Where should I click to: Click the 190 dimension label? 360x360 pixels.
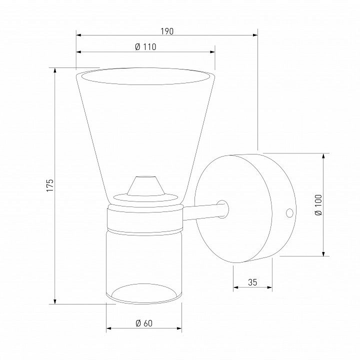click(167, 31)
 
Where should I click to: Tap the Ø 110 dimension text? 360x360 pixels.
click(145, 47)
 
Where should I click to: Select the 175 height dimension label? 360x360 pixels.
click(50, 185)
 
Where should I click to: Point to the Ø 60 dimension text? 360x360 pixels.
click(144, 323)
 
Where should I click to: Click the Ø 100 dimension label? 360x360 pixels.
click(318, 205)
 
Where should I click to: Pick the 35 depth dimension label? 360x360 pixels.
click(252, 282)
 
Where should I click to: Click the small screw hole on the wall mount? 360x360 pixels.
click(289, 213)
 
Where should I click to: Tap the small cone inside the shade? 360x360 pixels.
click(146, 186)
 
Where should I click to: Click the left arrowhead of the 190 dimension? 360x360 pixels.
click(79, 35)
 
